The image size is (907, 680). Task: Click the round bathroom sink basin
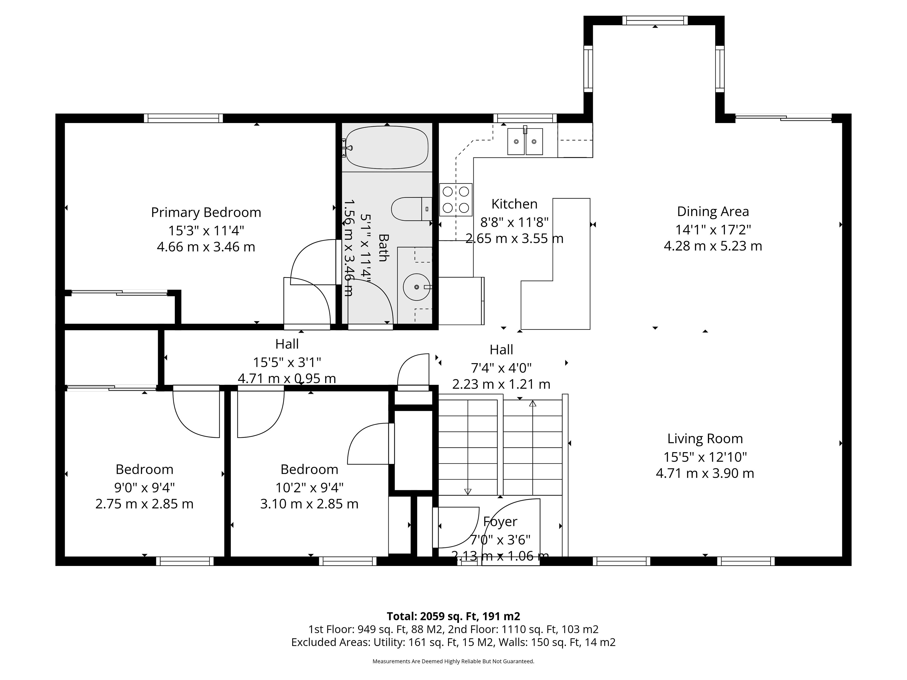(417, 287)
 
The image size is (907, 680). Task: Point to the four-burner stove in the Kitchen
(456, 200)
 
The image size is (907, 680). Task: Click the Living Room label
(705, 439)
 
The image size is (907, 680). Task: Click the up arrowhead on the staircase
(533, 403)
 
